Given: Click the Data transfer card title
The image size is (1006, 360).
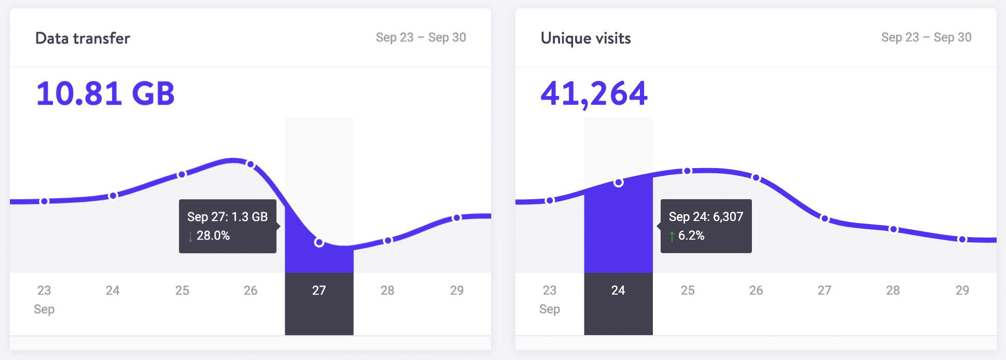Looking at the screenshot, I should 82,38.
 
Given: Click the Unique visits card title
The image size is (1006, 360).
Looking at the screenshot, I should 585,38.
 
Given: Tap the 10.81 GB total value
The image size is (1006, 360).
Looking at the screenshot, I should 105,93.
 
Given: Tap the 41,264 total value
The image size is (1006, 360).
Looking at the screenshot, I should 594,93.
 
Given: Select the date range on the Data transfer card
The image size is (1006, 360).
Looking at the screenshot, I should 421,37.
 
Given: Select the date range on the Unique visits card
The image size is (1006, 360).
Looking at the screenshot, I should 926,37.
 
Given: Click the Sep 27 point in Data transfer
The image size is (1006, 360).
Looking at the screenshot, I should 319,242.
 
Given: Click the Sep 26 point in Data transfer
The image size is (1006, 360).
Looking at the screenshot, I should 250,164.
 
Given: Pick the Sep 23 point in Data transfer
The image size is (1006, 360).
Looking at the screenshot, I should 45,201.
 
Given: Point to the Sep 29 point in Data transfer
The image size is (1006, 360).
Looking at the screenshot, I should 456,218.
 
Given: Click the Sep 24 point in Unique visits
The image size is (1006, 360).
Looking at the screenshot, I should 618,183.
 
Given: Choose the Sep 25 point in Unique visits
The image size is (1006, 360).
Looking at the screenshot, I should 687,171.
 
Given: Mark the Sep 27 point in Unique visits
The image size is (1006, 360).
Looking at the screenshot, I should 825,218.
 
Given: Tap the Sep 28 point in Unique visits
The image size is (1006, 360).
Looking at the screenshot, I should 893,229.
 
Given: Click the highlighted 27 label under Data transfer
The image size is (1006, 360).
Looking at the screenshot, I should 319,290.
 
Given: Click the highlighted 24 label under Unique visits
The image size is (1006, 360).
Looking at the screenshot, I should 618,290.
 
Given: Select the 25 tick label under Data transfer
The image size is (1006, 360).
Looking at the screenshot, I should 182,290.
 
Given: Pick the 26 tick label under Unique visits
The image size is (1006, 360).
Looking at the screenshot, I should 756,290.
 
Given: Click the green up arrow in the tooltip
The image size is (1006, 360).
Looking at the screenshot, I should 672,237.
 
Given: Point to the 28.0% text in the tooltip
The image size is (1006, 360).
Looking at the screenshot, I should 213,236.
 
